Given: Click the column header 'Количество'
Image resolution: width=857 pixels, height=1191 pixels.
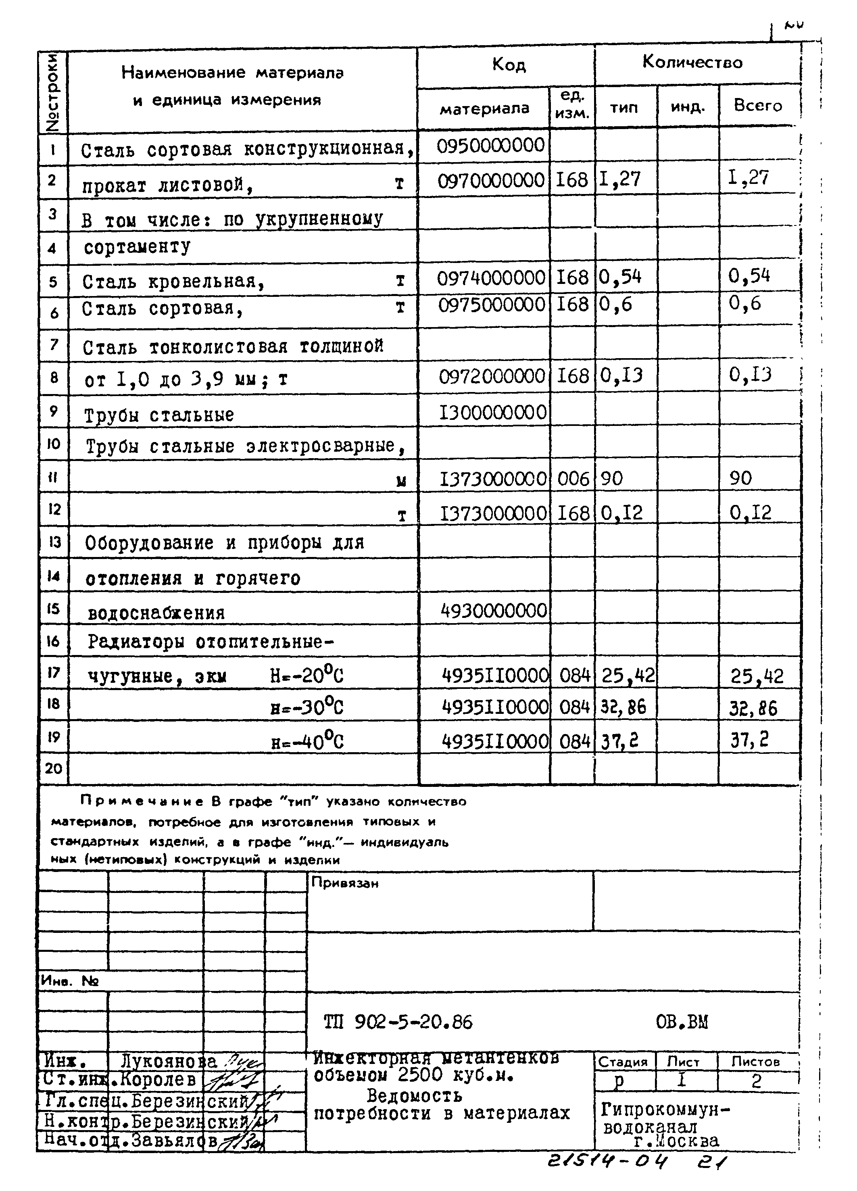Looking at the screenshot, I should [x=692, y=63].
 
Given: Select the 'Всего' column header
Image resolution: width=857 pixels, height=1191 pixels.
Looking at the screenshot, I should [x=758, y=106].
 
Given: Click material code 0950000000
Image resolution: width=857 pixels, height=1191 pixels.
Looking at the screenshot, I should [x=490, y=145].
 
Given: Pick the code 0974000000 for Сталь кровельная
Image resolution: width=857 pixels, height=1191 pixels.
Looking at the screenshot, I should [x=491, y=277].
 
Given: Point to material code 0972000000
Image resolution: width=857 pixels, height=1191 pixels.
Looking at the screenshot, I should [x=492, y=376].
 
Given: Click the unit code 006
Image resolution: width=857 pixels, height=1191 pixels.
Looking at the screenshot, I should [x=573, y=478].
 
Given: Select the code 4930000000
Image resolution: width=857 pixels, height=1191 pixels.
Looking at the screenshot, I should [x=494, y=611].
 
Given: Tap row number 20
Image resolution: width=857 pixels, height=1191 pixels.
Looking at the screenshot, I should [x=54, y=769].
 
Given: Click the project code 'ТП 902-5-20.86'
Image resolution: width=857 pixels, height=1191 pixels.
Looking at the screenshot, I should [x=398, y=1022].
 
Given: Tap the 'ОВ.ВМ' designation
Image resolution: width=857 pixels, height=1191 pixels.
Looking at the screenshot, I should [x=682, y=1022].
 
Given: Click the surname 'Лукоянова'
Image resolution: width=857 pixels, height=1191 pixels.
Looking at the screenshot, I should [x=169, y=1061].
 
